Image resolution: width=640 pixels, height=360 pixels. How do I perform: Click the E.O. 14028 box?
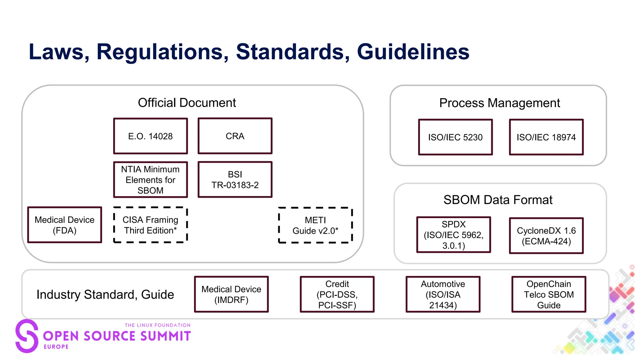click(150, 136)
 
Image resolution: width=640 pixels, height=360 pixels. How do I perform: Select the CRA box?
click(235, 136)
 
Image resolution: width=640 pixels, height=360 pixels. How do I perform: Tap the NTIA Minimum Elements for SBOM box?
click(150, 180)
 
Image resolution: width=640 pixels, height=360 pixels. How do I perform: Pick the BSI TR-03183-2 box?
click(235, 180)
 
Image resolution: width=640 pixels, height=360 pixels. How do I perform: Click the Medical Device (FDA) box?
click(64, 225)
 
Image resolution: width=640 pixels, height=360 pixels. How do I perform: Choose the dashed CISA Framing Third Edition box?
click(150, 225)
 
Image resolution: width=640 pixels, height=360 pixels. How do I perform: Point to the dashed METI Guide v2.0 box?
click(315, 225)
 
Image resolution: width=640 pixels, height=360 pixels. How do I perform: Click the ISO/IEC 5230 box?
click(455, 137)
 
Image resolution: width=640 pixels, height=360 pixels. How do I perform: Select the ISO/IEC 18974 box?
click(546, 137)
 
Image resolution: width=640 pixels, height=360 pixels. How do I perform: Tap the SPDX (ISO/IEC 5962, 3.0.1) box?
click(453, 235)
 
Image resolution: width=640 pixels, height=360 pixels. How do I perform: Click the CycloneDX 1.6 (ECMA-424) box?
click(546, 236)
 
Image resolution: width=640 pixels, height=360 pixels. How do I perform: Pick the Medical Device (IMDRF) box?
click(231, 294)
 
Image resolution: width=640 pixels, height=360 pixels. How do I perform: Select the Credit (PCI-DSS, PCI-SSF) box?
click(337, 294)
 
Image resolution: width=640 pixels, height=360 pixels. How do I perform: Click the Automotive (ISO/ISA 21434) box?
click(443, 294)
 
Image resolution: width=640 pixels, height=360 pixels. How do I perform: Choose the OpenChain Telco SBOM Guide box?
click(548, 294)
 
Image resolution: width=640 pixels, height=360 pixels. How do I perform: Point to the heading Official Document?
click(187, 102)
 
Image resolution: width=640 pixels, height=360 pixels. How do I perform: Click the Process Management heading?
click(499, 103)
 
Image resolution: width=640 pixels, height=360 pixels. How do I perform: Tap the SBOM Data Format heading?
click(498, 200)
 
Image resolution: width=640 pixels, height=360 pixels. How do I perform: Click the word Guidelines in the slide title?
click(413, 52)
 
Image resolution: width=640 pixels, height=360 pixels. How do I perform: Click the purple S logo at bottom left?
click(27, 336)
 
